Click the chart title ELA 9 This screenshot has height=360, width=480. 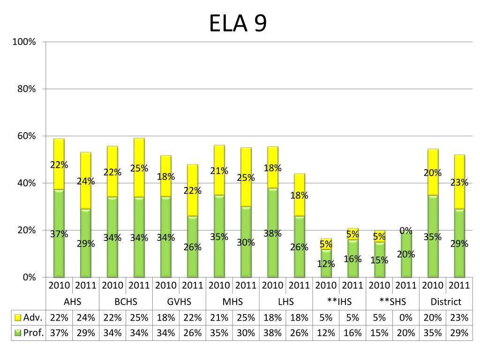tap(238, 23)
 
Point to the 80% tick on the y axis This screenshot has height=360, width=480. tap(26, 89)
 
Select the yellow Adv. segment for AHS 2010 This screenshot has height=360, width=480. tap(59, 164)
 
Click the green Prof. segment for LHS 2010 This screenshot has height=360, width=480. tap(272, 232)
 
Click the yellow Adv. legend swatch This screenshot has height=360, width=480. tap(19, 318)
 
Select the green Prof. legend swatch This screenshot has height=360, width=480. tap(19, 333)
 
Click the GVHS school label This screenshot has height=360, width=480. tap(180, 302)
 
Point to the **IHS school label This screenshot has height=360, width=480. tap(339, 302)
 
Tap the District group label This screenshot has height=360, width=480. tap(446, 302)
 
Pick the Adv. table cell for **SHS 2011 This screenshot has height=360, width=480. tap(406, 318)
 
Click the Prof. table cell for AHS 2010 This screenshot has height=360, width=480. tap(59, 333)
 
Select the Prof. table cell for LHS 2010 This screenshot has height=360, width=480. tap(272, 333)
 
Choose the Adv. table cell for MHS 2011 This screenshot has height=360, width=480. tap(246, 318)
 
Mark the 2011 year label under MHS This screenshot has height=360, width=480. tap(246, 285)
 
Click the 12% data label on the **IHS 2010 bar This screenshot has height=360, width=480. tap(326, 263)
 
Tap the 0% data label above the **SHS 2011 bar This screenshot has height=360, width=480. tap(406, 231)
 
